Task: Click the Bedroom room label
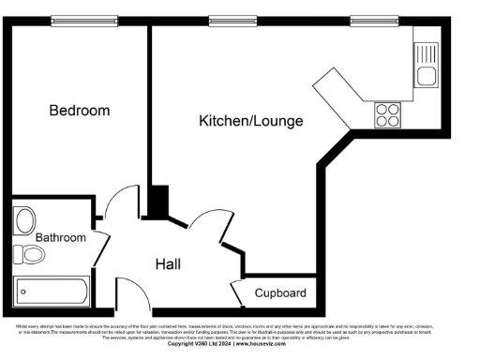[79, 111]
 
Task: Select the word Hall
[169, 263]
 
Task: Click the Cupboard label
[279, 293]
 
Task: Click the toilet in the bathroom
[29, 254]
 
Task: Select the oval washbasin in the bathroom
[25, 220]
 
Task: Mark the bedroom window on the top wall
[78, 20]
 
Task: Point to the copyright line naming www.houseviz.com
[239, 343]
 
